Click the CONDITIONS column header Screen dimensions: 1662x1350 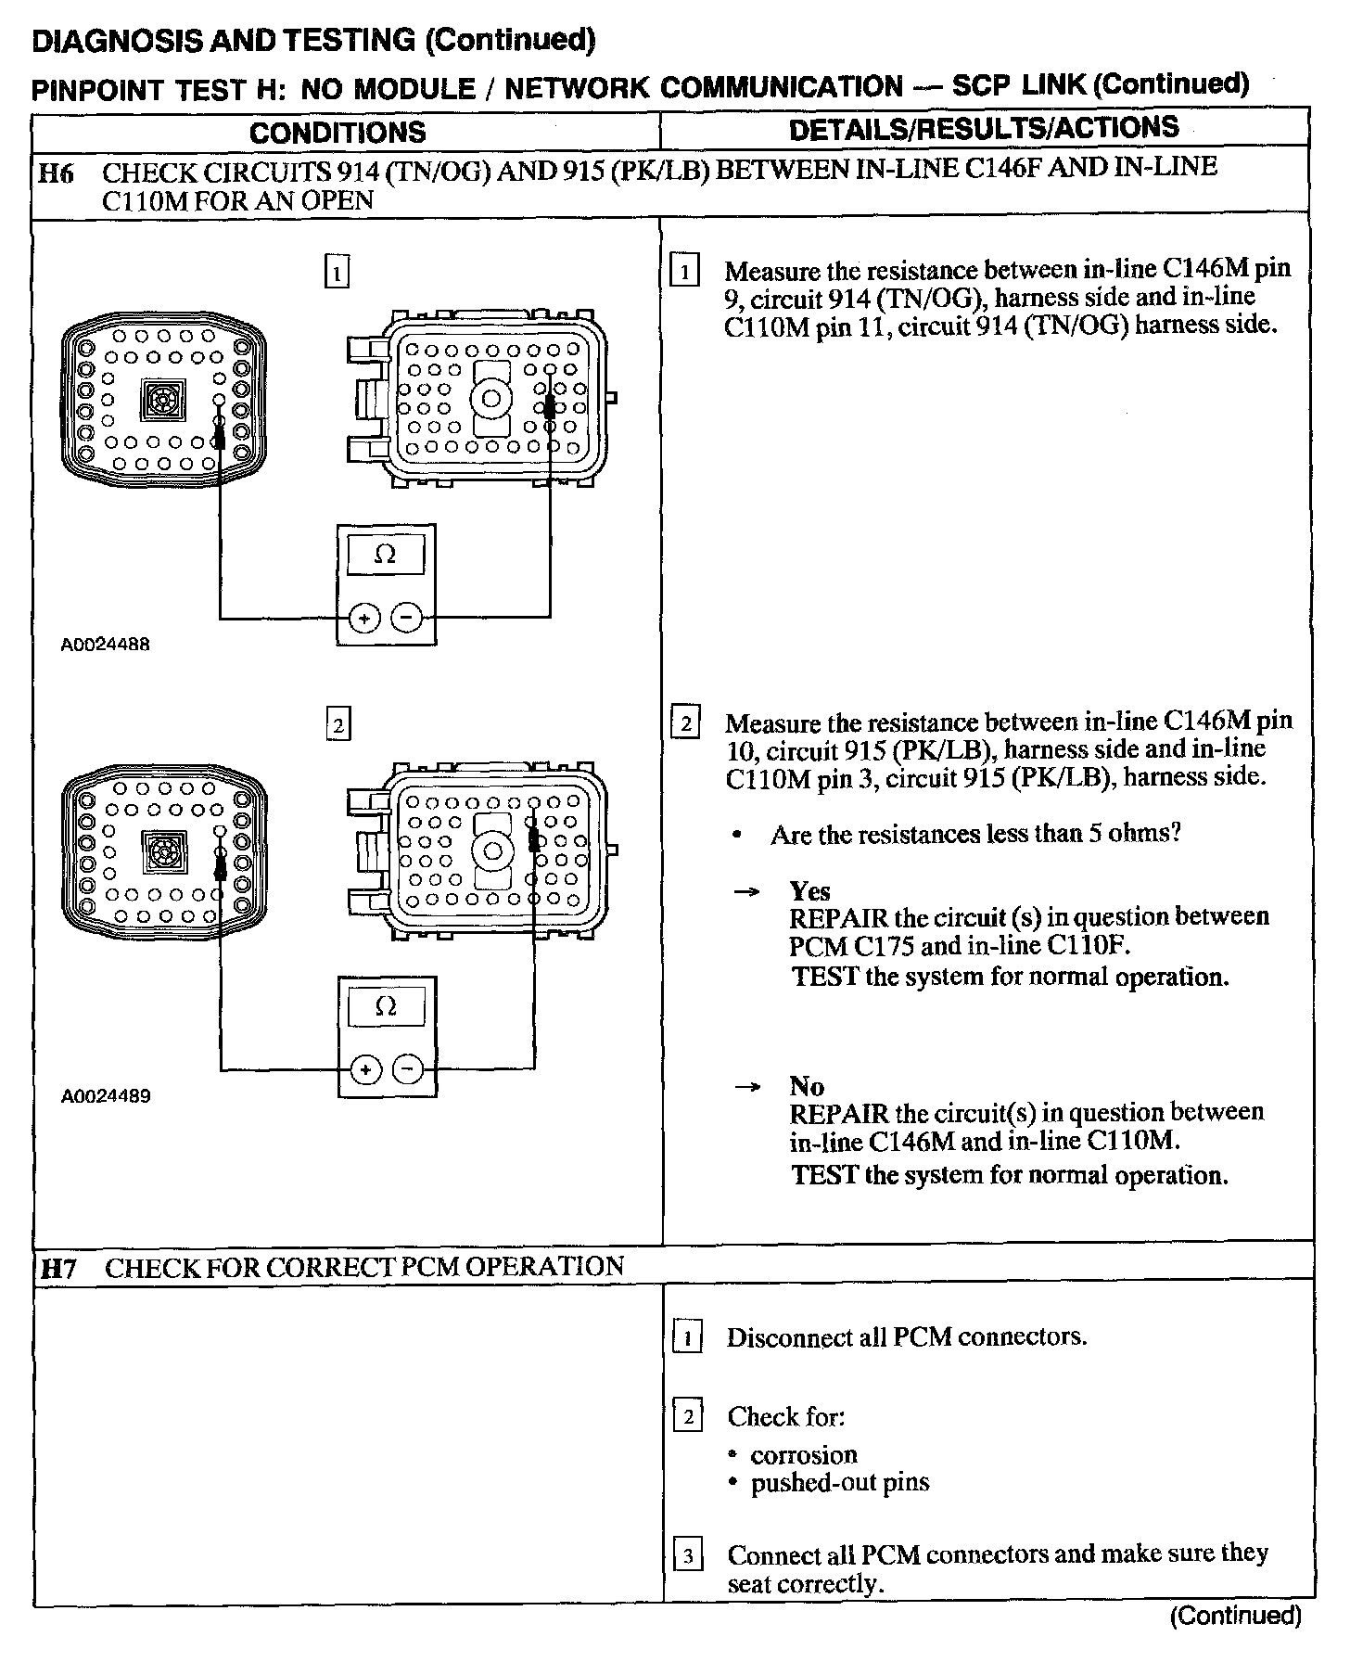pyautogui.click(x=337, y=132)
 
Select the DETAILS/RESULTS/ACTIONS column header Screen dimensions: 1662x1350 pyautogui.click(x=984, y=128)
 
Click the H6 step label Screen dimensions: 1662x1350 pyautogui.click(x=57, y=173)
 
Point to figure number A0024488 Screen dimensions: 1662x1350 pyautogui.click(x=105, y=644)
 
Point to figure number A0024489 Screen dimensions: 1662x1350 pyautogui.click(x=105, y=1096)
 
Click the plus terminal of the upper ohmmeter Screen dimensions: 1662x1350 pyautogui.click(x=364, y=618)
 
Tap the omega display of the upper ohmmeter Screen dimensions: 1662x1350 pyautogui.click(x=385, y=555)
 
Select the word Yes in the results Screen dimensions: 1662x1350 pyautogui.click(x=809, y=891)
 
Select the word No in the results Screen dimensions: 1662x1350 pyautogui.click(x=807, y=1086)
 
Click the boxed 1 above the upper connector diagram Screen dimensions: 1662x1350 pyautogui.click(x=337, y=273)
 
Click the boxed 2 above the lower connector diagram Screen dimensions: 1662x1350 pyautogui.click(x=338, y=724)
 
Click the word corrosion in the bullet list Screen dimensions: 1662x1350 pyautogui.click(x=804, y=1454)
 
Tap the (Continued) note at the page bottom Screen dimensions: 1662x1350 pyautogui.click(x=1235, y=1617)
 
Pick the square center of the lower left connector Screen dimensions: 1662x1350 pyautogui.click(x=163, y=851)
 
